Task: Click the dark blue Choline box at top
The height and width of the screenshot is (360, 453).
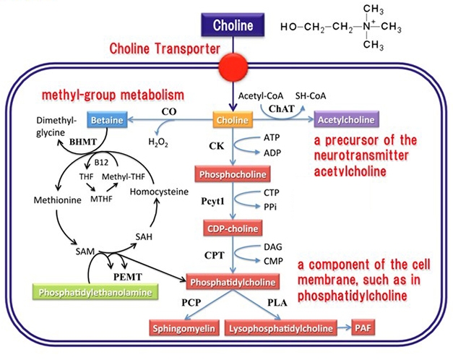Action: pyautogui.click(x=232, y=26)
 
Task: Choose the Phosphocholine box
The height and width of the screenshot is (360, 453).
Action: pyautogui.click(x=232, y=174)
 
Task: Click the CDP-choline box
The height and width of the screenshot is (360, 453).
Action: pyautogui.click(x=232, y=229)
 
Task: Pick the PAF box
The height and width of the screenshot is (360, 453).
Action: pyautogui.click(x=364, y=329)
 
